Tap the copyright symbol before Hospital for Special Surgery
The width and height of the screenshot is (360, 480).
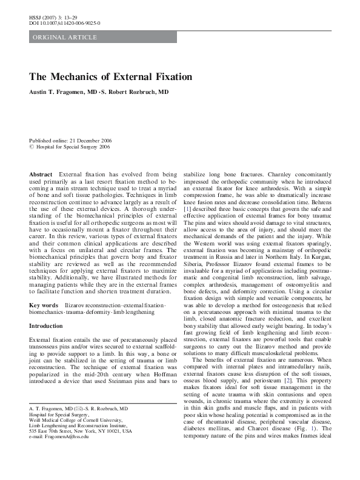coord(32,146)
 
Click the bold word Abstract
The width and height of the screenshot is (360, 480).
coord(41,175)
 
